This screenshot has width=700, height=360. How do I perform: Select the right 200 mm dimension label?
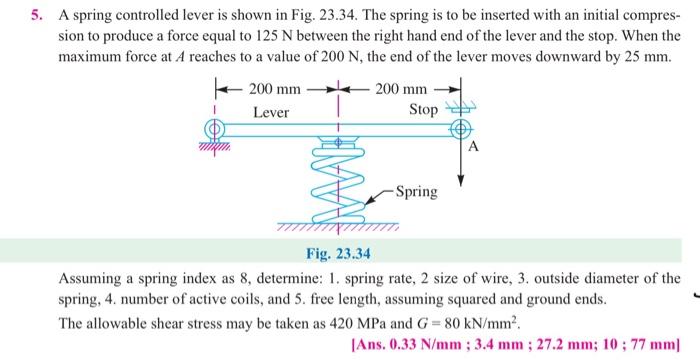[402, 91]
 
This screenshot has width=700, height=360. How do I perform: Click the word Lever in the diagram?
[270, 113]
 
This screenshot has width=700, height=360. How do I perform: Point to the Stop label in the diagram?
[423, 110]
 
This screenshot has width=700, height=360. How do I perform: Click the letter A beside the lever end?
[474, 148]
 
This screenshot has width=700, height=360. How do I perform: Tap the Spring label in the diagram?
[416, 190]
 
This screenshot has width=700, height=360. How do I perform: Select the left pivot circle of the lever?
[213, 130]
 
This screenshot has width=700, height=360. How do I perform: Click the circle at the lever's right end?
[461, 130]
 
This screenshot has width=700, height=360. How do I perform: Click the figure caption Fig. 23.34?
[339, 253]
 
